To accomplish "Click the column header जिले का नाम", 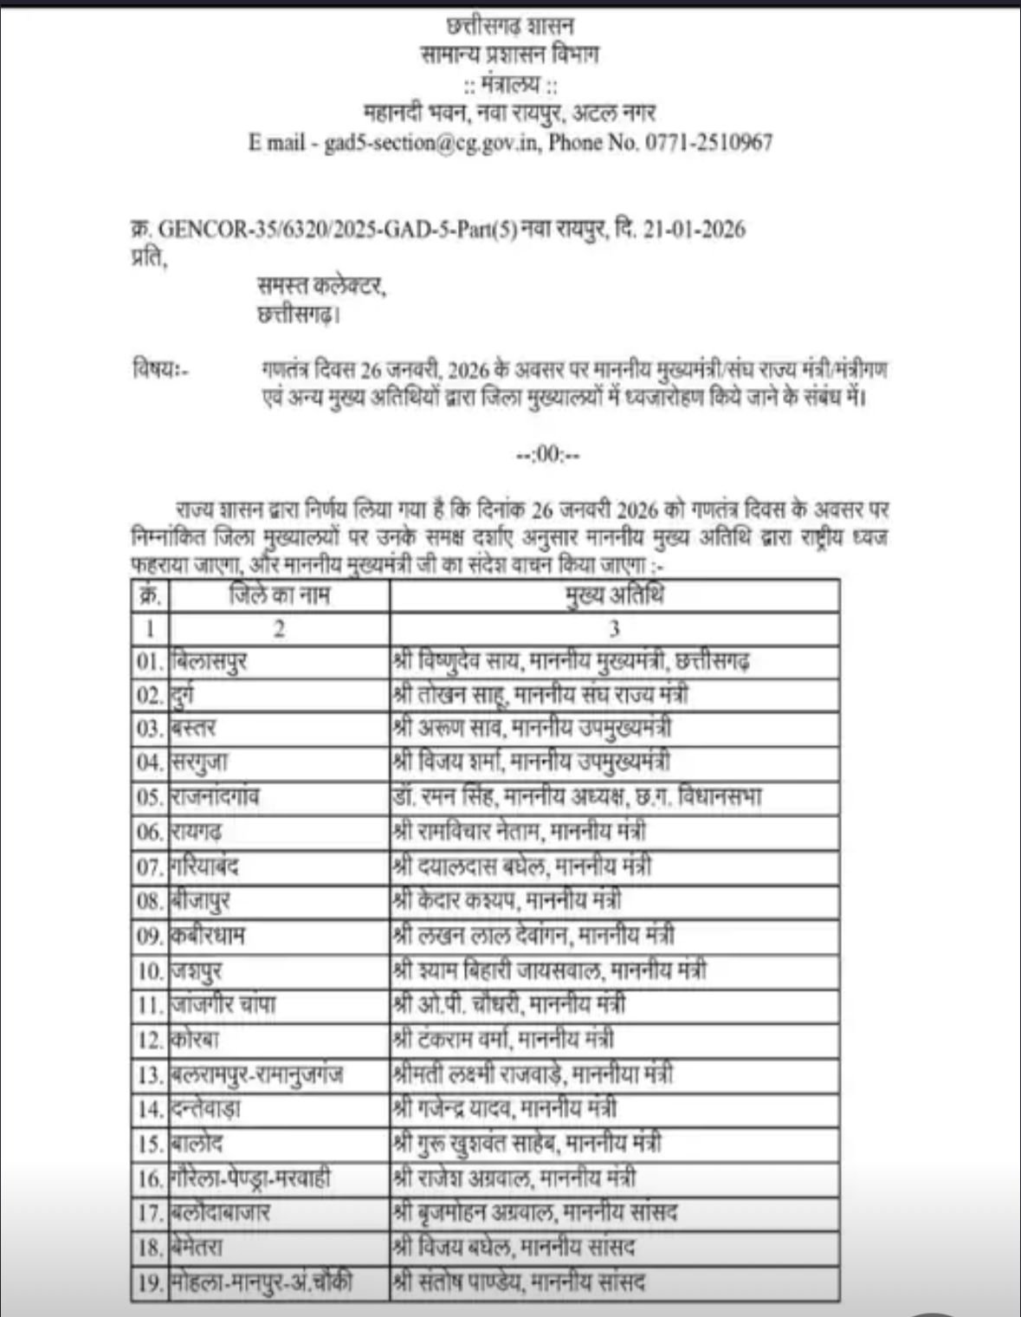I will pyautogui.click(x=279, y=596).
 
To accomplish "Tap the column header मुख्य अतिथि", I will pyautogui.click(x=614, y=596).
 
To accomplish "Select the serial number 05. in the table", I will pyautogui.click(x=150, y=797).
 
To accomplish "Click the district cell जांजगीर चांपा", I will pyautogui.click(x=224, y=1005).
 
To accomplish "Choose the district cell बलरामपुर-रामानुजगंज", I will pyautogui.click(x=257, y=1074).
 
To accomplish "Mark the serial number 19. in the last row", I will pyautogui.click(x=150, y=1282).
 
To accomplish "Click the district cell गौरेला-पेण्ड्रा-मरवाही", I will pyautogui.click(x=250, y=1178).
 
